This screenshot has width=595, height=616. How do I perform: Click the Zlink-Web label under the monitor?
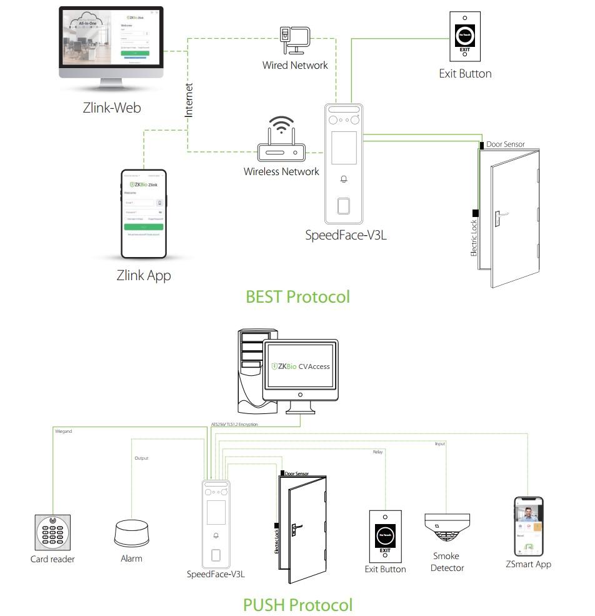coord(112,108)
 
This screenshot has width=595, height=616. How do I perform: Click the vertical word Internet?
coord(189,100)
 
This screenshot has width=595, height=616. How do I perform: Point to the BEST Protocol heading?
coord(297,296)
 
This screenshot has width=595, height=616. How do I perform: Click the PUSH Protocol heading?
coord(297,605)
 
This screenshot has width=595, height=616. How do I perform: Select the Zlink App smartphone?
coord(143,213)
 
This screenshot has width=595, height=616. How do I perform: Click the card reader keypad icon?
coord(52,532)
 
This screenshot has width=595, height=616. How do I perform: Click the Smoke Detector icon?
coord(447,528)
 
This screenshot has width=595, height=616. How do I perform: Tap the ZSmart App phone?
coord(528,526)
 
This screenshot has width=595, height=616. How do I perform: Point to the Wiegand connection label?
coord(63,432)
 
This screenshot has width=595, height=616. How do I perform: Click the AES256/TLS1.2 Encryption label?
coord(235,425)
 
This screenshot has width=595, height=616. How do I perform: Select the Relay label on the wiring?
coord(377,452)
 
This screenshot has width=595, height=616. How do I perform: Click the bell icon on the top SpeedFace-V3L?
coord(343,179)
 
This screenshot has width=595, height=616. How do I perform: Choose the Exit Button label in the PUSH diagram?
coord(385,569)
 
